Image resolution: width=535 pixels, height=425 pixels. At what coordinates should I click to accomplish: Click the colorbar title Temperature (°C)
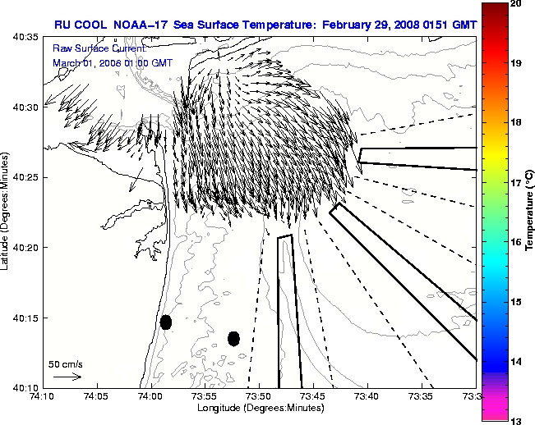pyautogui.click(x=530, y=212)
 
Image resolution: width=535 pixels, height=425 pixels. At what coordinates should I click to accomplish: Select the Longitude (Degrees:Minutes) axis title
pyautogui.click(x=259, y=408)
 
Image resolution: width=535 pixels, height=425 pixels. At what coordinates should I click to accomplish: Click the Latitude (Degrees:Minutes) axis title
pyautogui.click(x=7, y=212)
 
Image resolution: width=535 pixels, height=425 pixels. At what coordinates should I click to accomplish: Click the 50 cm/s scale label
pyautogui.click(x=63, y=363)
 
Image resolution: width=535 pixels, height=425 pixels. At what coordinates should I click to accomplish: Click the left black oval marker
pyautogui.click(x=166, y=322)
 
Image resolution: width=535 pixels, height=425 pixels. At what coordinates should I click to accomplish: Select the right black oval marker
pyautogui.click(x=233, y=338)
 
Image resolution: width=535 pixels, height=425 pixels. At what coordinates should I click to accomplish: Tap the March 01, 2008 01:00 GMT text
pyautogui.click(x=113, y=62)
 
